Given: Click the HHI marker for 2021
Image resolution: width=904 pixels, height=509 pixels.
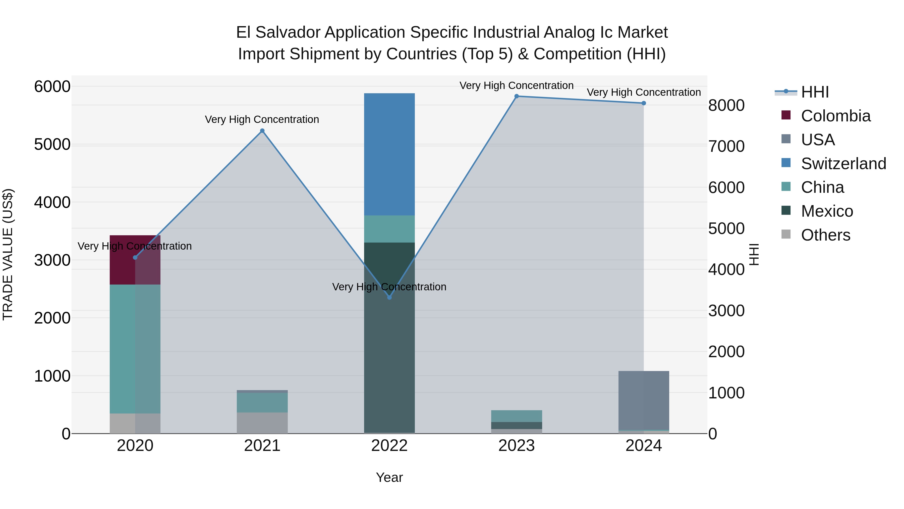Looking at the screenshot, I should click(262, 131).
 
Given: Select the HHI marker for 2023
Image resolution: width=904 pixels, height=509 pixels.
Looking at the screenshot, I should click(517, 96).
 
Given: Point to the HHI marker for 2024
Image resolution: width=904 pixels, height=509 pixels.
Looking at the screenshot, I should click(644, 103).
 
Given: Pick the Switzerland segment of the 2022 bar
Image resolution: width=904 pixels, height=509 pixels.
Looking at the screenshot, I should click(389, 155).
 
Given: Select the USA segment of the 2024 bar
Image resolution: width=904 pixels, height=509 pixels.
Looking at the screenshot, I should click(644, 400).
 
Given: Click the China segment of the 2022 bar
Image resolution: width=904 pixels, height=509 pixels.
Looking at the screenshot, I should click(389, 229).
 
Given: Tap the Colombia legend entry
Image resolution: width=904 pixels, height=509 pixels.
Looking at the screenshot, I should click(835, 116).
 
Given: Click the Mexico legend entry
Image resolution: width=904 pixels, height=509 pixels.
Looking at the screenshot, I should click(827, 211).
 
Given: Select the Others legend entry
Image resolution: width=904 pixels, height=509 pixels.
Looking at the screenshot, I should click(825, 235).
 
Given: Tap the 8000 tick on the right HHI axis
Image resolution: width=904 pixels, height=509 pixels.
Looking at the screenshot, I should click(726, 105).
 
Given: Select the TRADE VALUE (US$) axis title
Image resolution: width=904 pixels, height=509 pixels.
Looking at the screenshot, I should click(8, 255).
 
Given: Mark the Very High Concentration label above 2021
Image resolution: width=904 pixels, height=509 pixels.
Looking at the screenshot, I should click(262, 119).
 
